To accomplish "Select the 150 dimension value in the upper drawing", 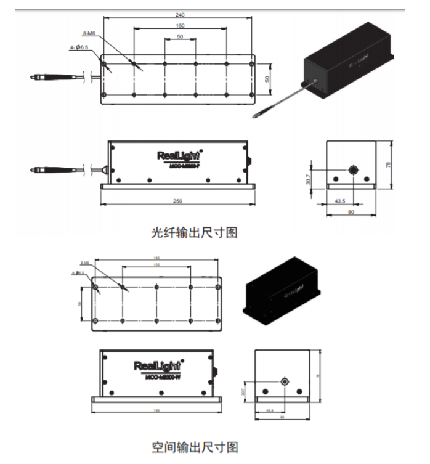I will tap(180, 26).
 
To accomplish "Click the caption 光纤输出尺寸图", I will tap(194, 233).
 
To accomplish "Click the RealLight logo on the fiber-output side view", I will tap(179, 154).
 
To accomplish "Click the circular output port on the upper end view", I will tap(354, 169).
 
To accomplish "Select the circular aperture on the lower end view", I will tap(285, 381).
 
